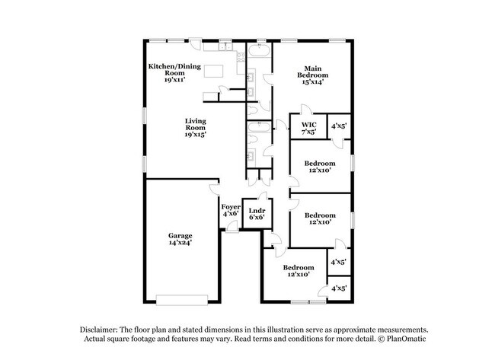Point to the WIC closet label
308,124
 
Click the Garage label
180,235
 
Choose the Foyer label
231,207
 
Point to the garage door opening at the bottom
181,297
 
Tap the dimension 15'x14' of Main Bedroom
313,82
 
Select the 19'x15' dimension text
195,134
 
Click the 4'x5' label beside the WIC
338,126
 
